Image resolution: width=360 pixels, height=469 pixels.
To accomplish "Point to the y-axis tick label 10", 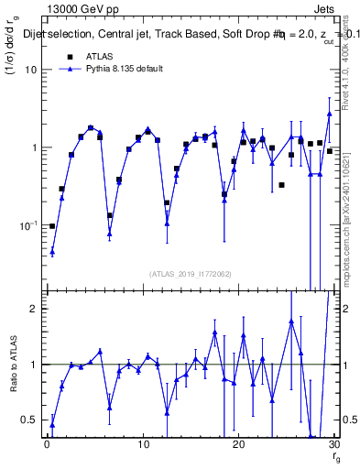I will [30, 70].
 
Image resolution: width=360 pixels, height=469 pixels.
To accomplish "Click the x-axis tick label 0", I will [47, 444].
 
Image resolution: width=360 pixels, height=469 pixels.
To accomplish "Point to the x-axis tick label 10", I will [143, 444].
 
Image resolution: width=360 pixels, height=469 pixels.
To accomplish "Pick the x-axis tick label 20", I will [238, 444].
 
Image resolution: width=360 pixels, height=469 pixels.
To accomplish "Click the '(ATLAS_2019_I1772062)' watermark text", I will [190, 273].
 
